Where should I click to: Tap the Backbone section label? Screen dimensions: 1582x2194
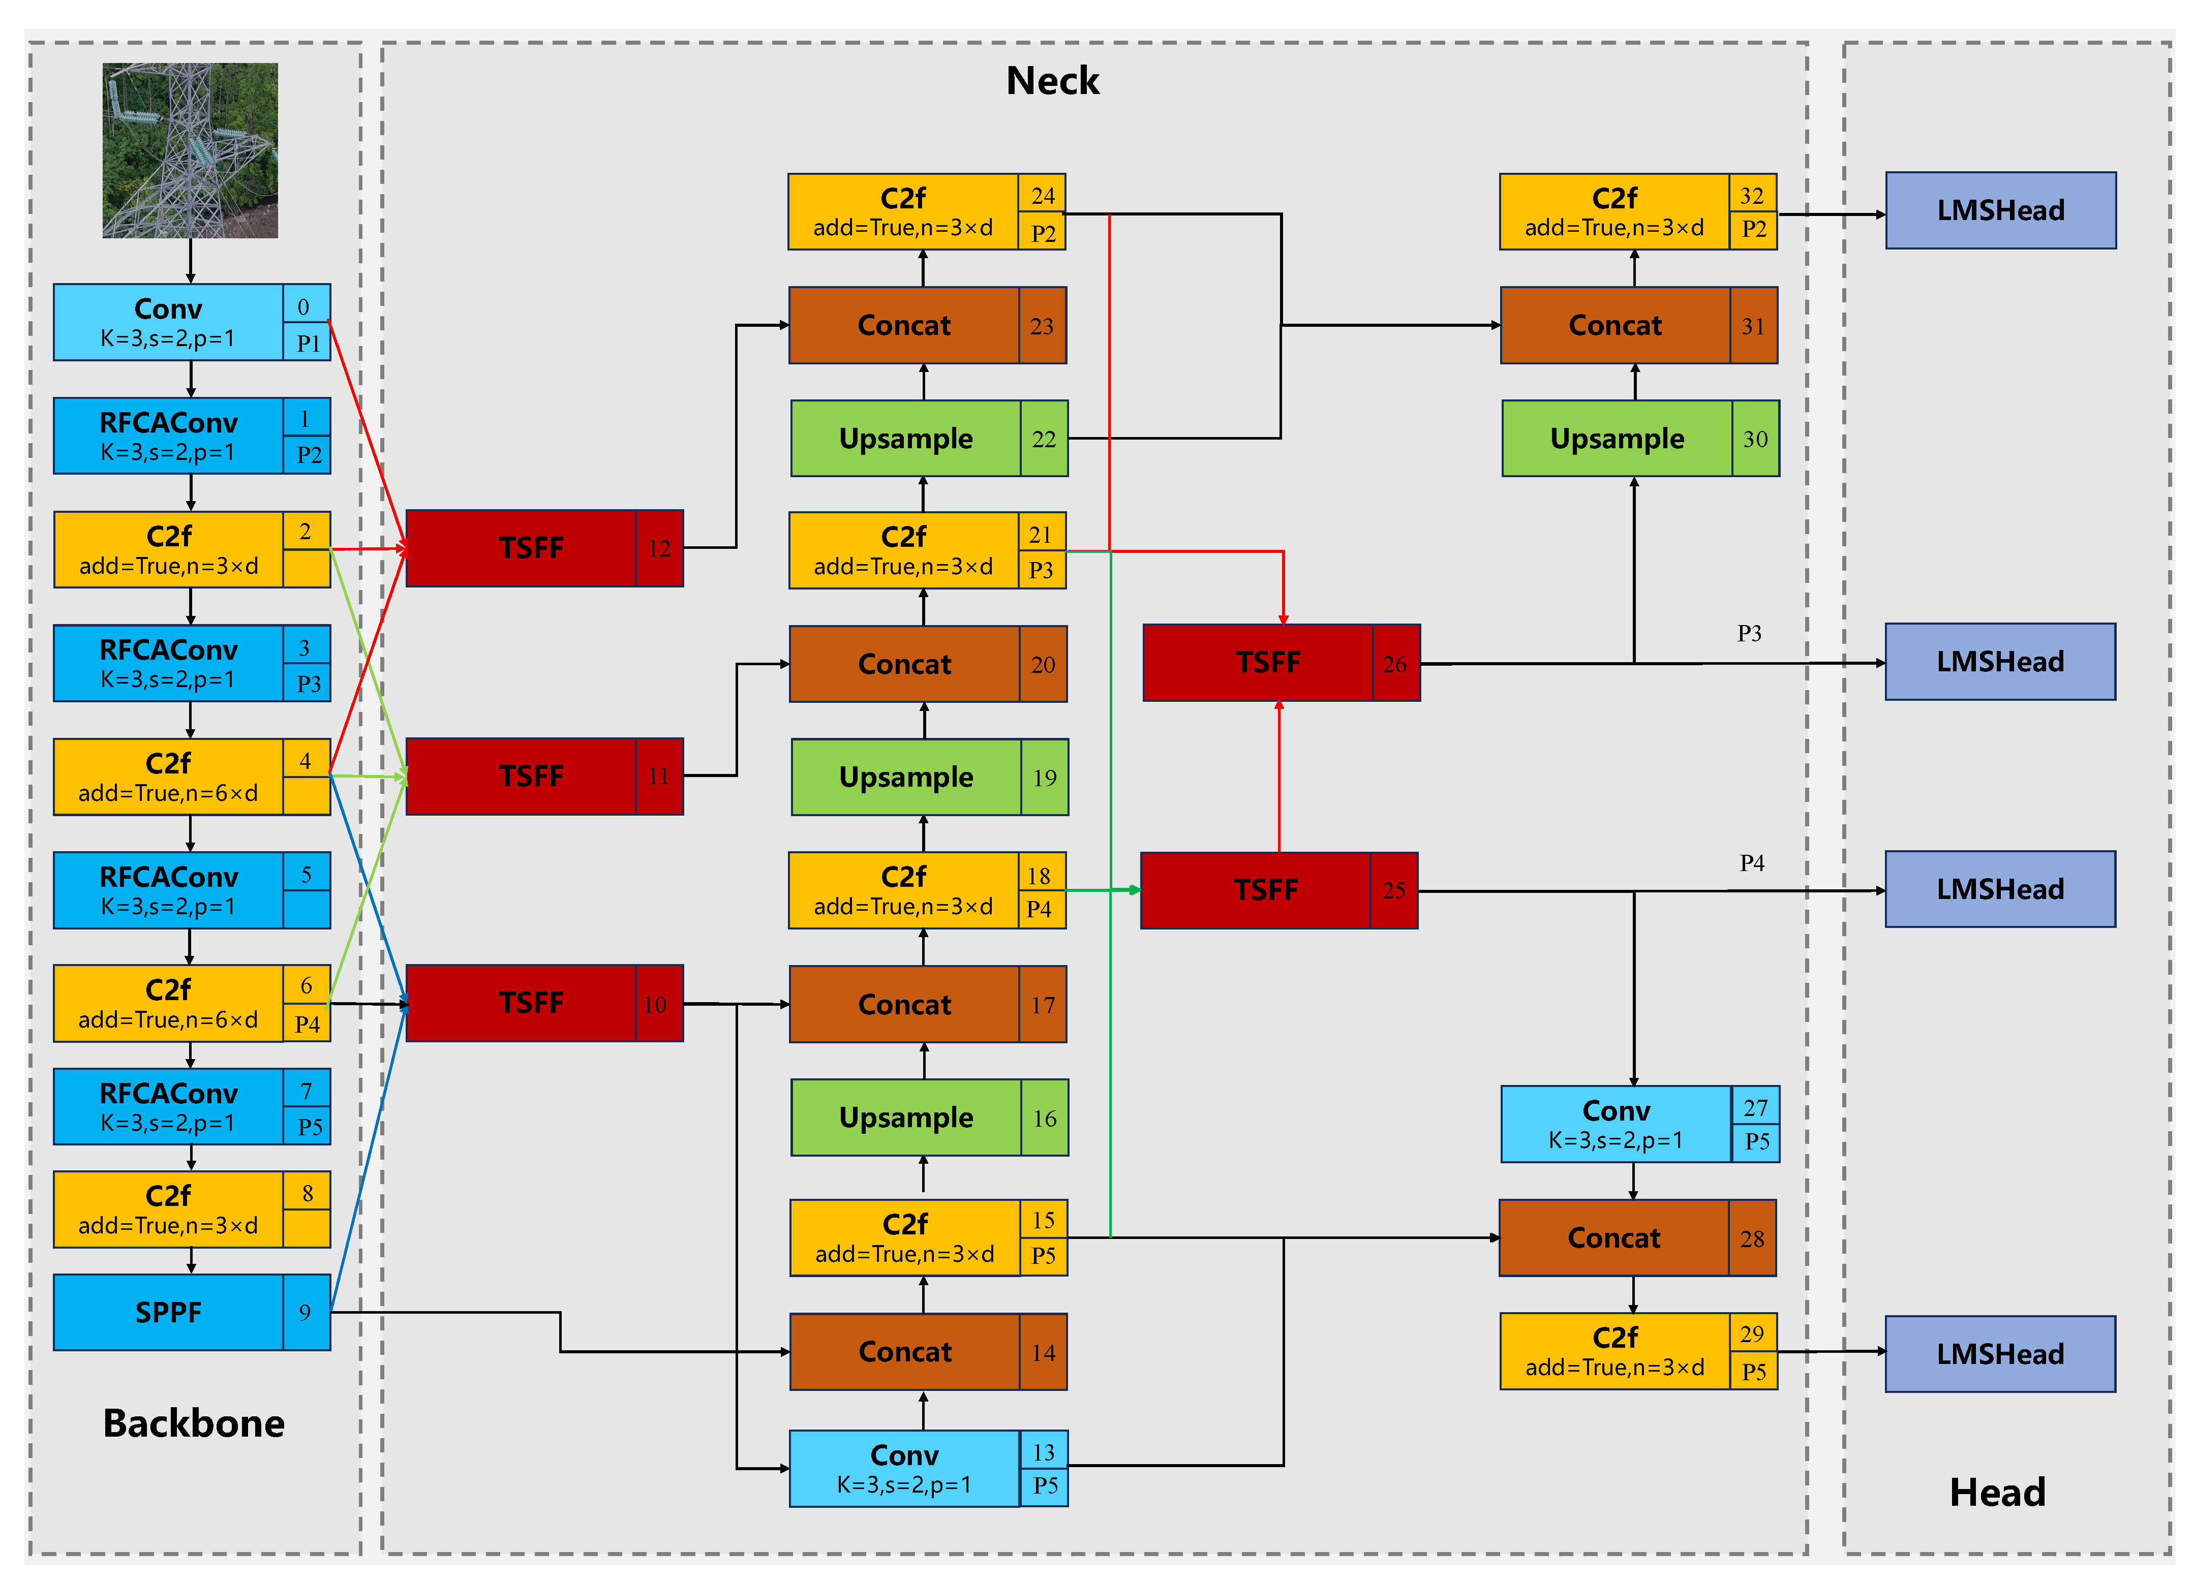(194, 1422)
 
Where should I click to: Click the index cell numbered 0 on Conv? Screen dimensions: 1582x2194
(304, 306)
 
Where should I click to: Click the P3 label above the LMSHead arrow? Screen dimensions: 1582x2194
(1749, 633)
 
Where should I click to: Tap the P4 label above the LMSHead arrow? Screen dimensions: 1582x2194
(1752, 862)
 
